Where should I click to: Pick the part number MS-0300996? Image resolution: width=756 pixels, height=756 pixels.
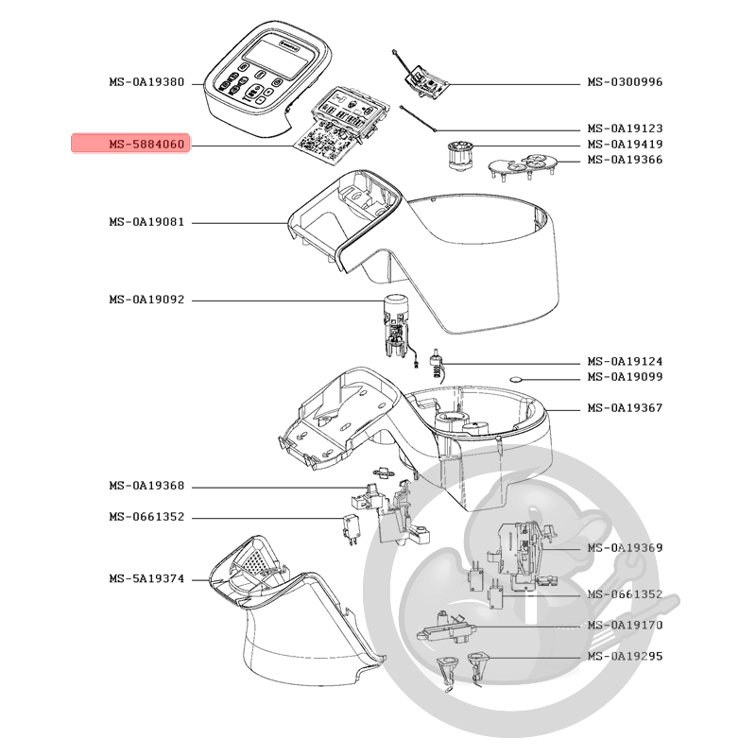point(625,83)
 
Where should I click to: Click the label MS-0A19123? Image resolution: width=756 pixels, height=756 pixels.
point(625,129)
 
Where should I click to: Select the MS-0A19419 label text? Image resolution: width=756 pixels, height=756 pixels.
point(625,145)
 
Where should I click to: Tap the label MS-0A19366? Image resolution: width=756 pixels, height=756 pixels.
point(625,161)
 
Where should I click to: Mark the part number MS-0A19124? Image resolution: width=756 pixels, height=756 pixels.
point(625,362)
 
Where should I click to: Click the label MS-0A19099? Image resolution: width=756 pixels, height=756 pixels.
point(625,378)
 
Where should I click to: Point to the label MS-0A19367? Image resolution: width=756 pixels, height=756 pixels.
point(625,408)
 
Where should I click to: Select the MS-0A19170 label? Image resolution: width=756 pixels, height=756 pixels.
point(625,626)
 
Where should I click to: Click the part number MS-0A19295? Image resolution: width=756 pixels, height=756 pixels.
point(625,657)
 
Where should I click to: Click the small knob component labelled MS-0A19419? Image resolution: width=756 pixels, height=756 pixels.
point(461,154)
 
